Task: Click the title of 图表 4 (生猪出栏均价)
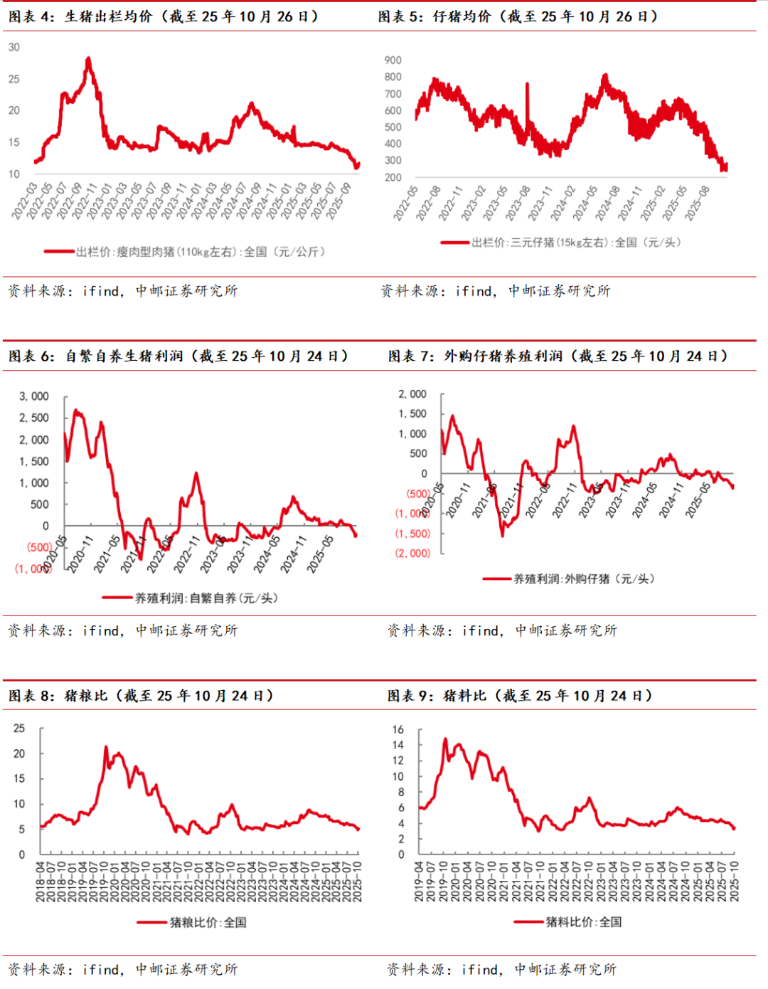pos(164,16)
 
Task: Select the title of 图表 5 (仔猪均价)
pos(518,16)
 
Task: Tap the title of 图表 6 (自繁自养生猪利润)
pos(178,356)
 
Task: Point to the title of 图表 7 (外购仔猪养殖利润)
pos(558,356)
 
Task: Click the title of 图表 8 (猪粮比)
pos(142,695)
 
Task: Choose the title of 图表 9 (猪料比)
pos(520,695)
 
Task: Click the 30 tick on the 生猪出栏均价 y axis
pos(14,48)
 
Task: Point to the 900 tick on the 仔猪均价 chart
pos(393,60)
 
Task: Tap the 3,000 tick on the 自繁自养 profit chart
pos(33,396)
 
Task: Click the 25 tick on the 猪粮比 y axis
pos(19,729)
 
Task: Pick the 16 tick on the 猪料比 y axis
pos(398,729)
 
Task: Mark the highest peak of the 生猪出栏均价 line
pos(88,59)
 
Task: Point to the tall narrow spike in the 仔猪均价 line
pos(527,85)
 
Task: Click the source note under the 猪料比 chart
pos(501,969)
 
